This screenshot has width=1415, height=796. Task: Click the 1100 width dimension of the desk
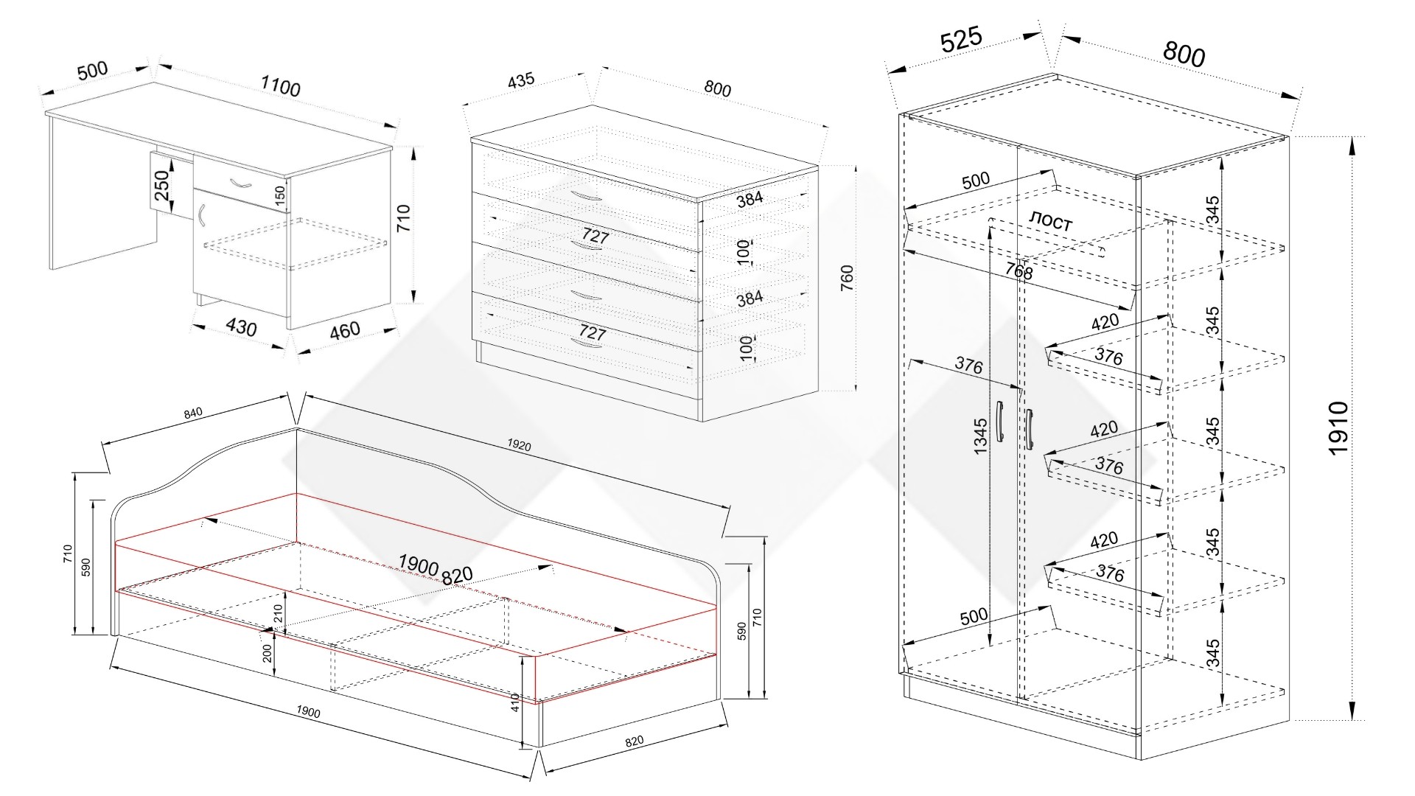[280, 86]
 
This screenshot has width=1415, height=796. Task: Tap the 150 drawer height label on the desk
[279, 195]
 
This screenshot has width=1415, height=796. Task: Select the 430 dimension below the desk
[241, 327]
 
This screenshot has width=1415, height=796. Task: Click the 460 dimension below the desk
[344, 330]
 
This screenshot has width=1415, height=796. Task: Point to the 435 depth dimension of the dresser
[520, 80]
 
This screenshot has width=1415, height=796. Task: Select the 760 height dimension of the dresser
[847, 278]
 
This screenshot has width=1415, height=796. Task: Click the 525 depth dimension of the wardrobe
[961, 40]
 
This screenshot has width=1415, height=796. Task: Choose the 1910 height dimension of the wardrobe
[1338, 428]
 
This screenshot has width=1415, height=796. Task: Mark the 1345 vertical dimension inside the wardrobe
[980, 436]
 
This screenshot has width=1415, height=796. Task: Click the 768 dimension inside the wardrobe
[1019, 270]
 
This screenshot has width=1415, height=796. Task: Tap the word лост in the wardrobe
[1050, 221]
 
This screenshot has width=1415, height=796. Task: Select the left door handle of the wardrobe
[999, 422]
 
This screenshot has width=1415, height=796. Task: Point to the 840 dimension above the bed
[193, 413]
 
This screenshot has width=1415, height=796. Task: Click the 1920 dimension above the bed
[519, 445]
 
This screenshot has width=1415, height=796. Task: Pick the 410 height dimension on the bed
[516, 702]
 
